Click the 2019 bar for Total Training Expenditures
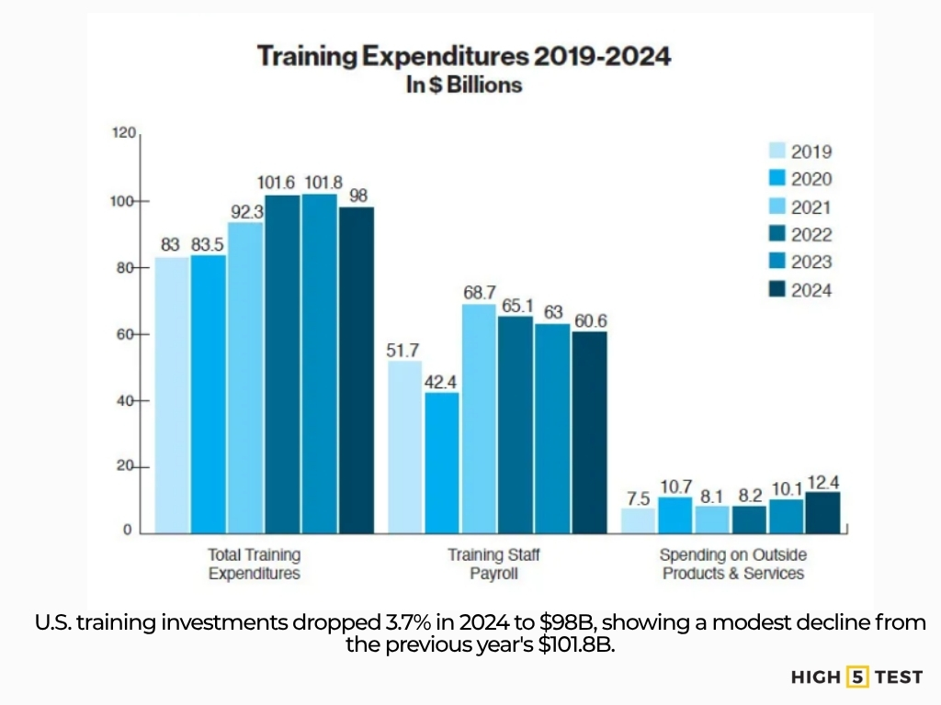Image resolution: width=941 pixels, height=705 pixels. (172, 395)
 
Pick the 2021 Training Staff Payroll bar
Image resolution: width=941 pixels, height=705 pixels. (479, 418)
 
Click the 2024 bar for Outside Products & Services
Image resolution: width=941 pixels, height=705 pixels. (822, 512)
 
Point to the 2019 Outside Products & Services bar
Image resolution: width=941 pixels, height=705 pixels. (639, 520)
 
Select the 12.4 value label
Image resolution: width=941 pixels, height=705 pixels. (823, 481)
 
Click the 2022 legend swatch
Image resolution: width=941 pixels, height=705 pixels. (777, 234)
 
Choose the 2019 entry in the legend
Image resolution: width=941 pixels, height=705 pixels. (799, 151)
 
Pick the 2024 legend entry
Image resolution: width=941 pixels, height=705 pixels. (799, 289)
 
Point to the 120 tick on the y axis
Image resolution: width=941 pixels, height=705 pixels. (123, 134)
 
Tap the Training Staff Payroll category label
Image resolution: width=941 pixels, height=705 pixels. (495, 564)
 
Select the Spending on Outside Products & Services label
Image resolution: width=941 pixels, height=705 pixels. (732, 564)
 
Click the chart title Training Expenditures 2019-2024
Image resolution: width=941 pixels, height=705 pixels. (464, 56)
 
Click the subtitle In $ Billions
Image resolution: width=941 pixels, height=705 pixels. (464, 85)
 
